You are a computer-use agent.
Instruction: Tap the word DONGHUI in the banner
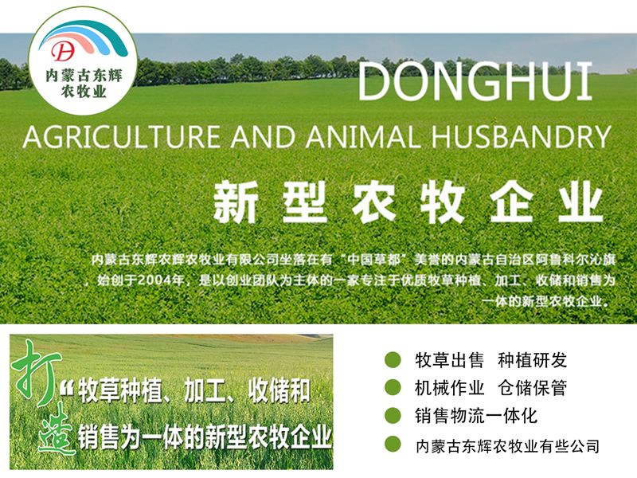(475, 81)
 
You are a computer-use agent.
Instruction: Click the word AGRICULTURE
(122, 136)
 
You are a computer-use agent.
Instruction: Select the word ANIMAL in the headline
(363, 136)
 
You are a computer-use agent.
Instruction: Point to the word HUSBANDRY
(521, 136)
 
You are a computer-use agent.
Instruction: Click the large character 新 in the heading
(236, 202)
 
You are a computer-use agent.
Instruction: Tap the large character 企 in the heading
(511, 202)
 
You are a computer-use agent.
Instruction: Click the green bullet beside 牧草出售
(393, 360)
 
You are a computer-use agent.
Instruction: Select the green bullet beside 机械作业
(393, 387)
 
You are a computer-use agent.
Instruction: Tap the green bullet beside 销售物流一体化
(393, 415)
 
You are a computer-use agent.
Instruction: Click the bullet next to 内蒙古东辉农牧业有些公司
(393, 444)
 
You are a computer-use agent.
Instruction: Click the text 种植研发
(532, 360)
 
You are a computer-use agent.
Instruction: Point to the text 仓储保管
(532, 388)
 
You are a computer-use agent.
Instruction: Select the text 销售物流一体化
(476, 416)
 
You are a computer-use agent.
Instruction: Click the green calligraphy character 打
(36, 370)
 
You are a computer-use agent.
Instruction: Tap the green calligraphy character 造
(57, 429)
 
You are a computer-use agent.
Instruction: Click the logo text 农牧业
(84, 91)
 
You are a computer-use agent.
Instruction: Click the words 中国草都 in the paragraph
(374, 260)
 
